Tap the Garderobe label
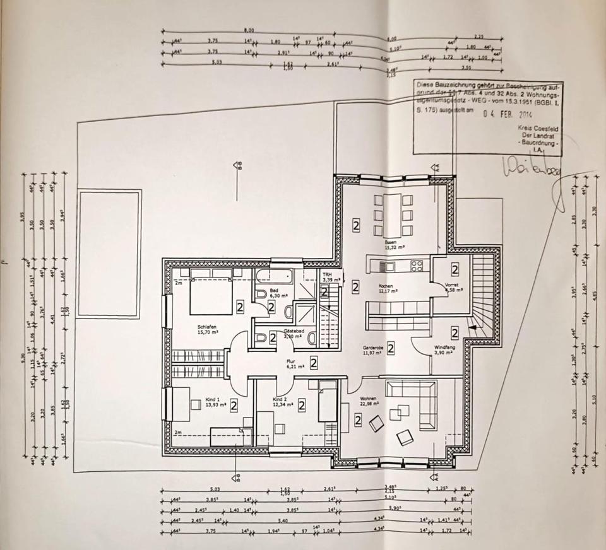pyautogui.click(x=374, y=348)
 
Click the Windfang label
pyautogui.click(x=444, y=348)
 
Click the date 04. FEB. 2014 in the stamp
pyautogui.click(x=508, y=115)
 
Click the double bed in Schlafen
pyautogui.click(x=211, y=293)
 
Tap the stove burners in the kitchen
pyautogui.click(x=417, y=266)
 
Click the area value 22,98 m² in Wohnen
pyautogui.click(x=369, y=406)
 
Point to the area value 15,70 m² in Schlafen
pyautogui.click(x=207, y=331)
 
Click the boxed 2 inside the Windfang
pyautogui.click(x=454, y=332)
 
